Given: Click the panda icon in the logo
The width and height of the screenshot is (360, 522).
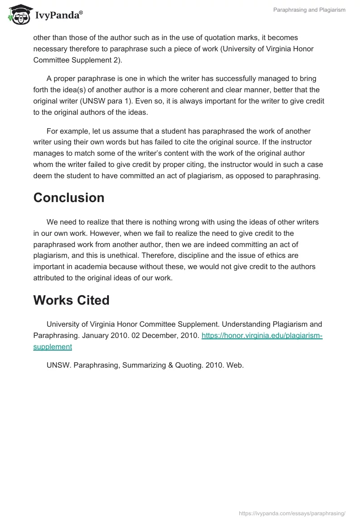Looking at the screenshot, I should [x=18, y=14].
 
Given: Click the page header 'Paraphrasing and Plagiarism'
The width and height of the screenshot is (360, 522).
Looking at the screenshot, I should [x=309, y=10].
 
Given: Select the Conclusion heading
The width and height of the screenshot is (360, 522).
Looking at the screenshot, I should [x=69, y=198].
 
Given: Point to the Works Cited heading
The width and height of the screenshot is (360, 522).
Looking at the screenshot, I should [x=72, y=301].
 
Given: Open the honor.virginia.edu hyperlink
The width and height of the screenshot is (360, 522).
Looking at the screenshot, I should [x=262, y=336].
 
